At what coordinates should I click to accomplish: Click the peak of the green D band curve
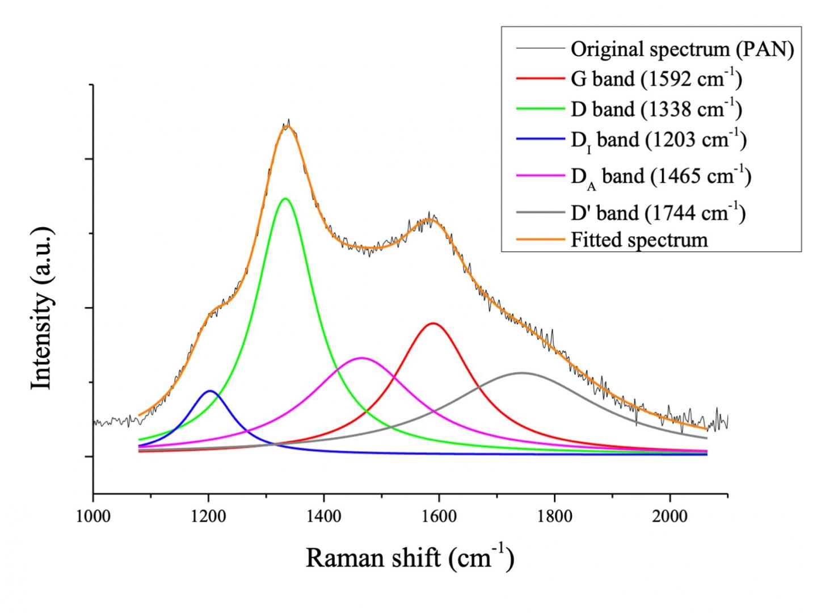coord(285,199)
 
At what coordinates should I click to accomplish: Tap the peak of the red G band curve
coord(433,323)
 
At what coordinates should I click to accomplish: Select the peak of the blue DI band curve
coord(210,391)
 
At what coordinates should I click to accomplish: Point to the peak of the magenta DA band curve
coord(361,358)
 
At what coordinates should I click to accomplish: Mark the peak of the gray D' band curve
coord(521,373)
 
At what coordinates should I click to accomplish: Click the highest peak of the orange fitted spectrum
coord(287,125)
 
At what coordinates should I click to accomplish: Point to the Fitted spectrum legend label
coord(639,240)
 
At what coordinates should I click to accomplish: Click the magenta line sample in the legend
coord(541,177)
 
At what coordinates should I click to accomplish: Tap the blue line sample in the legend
coord(541,140)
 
